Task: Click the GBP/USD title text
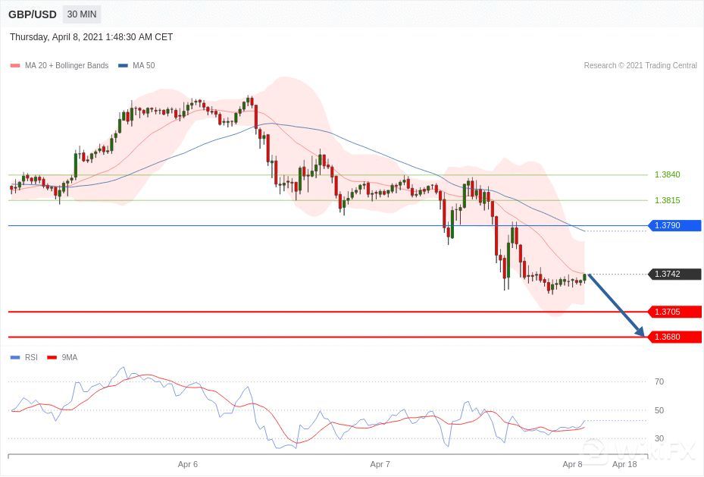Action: click(x=33, y=14)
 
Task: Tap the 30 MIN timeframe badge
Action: click(x=82, y=14)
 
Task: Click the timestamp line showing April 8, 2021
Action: click(x=92, y=37)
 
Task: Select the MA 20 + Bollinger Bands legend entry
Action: click(x=60, y=66)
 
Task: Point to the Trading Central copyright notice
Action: click(x=640, y=66)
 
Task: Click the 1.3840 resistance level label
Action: click(x=667, y=174)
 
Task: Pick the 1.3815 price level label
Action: click(x=667, y=200)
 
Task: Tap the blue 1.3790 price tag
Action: click(x=674, y=225)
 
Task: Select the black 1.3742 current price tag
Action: click(x=674, y=274)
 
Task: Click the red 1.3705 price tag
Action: click(x=674, y=312)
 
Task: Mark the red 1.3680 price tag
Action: click(x=674, y=337)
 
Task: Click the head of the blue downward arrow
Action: click(x=642, y=334)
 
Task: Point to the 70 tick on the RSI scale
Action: click(x=659, y=381)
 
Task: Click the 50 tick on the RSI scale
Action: click(x=659, y=410)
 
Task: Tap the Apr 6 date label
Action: click(x=188, y=463)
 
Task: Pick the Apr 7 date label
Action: click(x=380, y=463)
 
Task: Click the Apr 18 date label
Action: click(x=624, y=463)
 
